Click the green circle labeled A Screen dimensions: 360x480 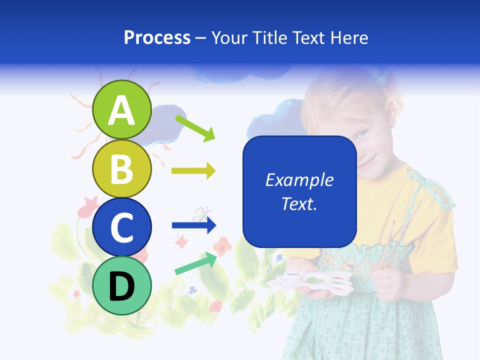[121, 109]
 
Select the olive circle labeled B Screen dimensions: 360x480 [121, 168]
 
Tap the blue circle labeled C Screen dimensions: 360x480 [121, 227]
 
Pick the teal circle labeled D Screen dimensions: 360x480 [121, 285]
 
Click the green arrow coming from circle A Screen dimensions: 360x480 [195, 128]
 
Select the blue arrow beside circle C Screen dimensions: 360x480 [193, 225]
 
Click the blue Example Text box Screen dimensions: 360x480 [299, 191]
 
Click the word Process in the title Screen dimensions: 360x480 [157, 37]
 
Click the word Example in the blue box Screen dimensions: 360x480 [299, 180]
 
